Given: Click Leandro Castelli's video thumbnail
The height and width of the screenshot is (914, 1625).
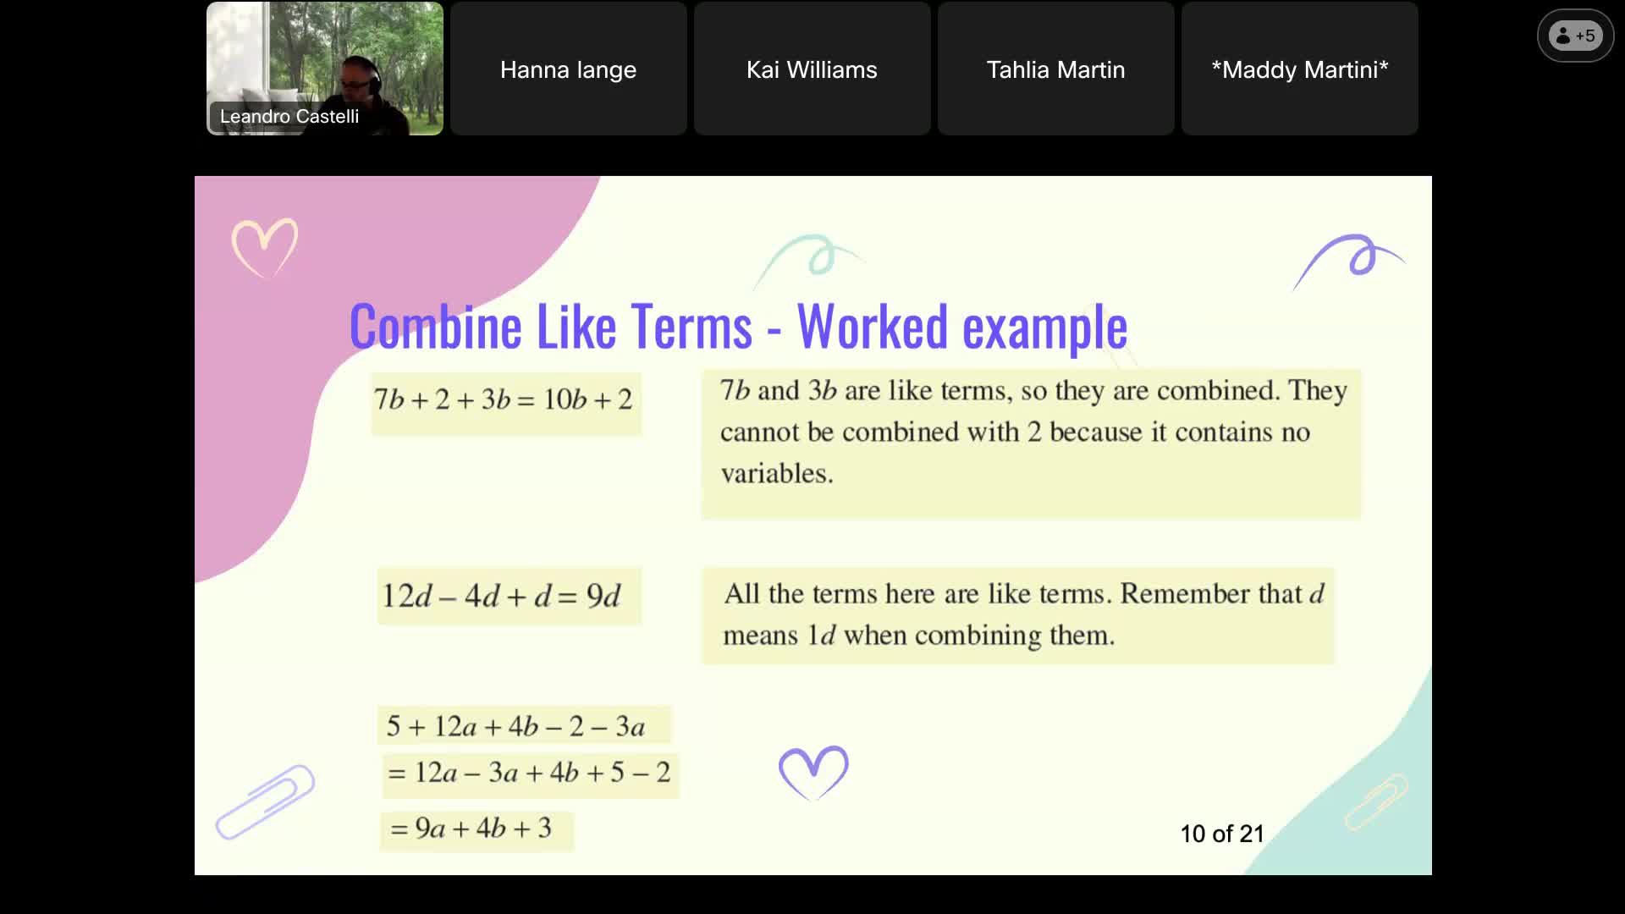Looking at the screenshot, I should pyautogui.click(x=324, y=69).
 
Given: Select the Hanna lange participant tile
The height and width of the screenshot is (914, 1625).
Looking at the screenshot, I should pyautogui.click(x=568, y=69).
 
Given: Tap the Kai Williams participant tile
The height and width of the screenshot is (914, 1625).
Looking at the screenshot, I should pyautogui.click(x=812, y=69).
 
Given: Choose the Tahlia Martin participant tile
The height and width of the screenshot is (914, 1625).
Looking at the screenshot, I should pyautogui.click(x=1055, y=69).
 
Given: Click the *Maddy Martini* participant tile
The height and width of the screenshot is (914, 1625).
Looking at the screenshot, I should pyautogui.click(x=1299, y=69).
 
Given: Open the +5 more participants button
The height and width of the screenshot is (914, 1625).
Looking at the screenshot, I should pyautogui.click(x=1575, y=36).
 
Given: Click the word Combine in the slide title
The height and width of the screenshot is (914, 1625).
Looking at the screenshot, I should pyautogui.click(x=435, y=327).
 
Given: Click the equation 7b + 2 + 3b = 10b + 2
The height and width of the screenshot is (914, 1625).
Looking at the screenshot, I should pyautogui.click(x=504, y=399).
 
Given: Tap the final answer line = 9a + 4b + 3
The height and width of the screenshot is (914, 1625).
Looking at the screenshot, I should pyautogui.click(x=471, y=828).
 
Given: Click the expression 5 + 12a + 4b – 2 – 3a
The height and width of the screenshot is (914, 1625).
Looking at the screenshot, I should pyautogui.click(x=516, y=726).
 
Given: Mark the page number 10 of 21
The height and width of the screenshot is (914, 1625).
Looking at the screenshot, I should pyautogui.click(x=1221, y=834).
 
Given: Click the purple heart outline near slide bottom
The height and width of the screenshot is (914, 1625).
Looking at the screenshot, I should pyautogui.click(x=812, y=770).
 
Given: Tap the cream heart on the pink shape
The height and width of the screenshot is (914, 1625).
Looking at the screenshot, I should pyautogui.click(x=265, y=246).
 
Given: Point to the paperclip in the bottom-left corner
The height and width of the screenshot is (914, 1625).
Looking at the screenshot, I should pyautogui.click(x=265, y=801).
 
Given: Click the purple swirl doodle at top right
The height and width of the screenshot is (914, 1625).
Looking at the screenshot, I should pyautogui.click(x=1351, y=259).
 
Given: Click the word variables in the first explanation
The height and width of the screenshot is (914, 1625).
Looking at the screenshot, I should pyautogui.click(x=776, y=473).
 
